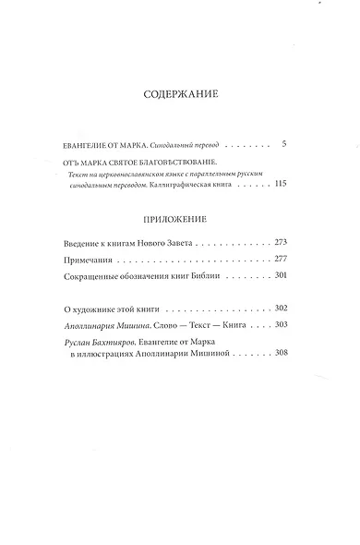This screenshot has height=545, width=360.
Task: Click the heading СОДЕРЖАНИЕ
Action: pos(180,95)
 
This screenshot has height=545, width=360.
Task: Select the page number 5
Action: pos(285,145)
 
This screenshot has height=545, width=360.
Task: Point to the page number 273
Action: pos(282,242)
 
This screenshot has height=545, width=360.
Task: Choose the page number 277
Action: pos(282,259)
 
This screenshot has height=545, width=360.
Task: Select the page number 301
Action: pos(282,276)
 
